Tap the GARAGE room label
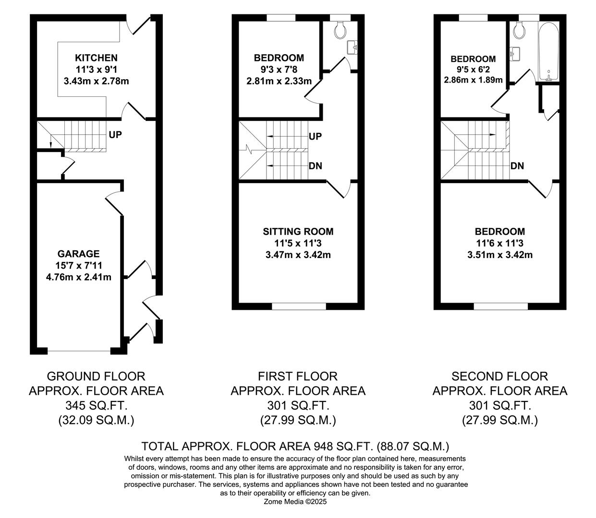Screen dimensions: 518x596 (78, 254)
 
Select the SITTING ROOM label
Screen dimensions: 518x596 (298, 232)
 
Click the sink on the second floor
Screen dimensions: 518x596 (516, 53)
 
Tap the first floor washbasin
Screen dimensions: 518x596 (353, 47)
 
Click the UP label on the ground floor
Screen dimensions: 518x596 (115, 135)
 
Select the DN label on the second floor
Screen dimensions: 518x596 (517, 166)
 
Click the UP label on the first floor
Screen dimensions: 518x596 (315, 137)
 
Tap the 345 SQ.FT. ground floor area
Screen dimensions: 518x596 (96, 406)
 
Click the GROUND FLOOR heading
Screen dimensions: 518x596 (96, 377)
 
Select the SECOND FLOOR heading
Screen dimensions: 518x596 (499, 377)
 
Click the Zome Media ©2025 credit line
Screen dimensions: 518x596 (295, 502)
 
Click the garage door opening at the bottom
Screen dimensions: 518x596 (79, 352)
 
